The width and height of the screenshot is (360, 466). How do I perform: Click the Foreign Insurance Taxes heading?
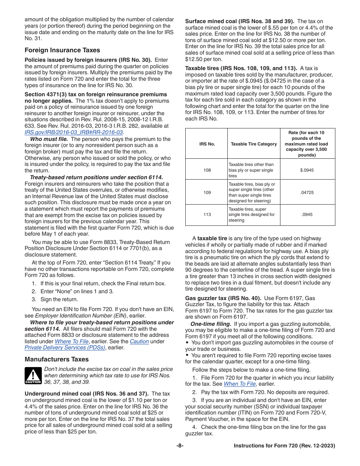click(x=63, y=50)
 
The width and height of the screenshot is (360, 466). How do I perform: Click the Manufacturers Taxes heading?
click(x=57, y=359)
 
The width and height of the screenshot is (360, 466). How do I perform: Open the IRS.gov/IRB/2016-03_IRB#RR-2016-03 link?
click(x=74, y=132)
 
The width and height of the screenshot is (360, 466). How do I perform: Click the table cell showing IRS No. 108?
click(x=207, y=170)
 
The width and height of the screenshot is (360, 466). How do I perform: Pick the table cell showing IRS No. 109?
click(x=207, y=192)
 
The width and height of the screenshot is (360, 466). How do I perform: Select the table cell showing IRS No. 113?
click(x=207, y=214)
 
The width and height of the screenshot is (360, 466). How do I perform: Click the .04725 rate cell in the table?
click(x=307, y=192)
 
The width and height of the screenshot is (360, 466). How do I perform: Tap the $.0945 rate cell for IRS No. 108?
click(x=307, y=170)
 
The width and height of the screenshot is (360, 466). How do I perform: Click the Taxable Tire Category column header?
click(x=254, y=144)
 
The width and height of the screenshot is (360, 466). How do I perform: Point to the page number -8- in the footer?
click(x=180, y=446)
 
